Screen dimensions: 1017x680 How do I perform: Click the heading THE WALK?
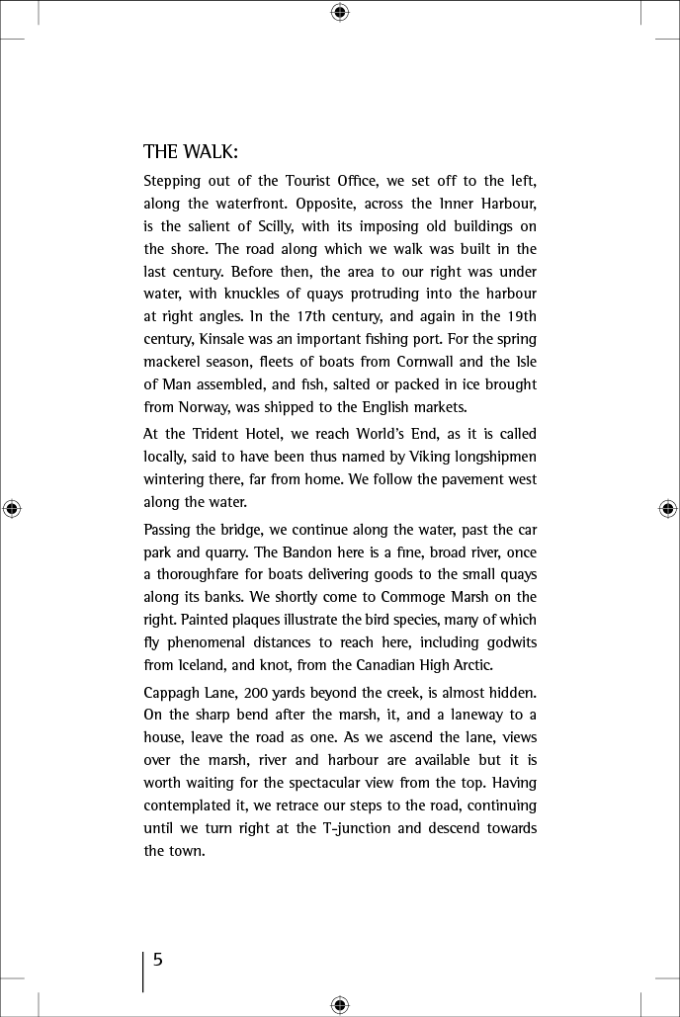tap(191, 152)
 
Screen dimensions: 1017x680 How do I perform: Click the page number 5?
tap(157, 960)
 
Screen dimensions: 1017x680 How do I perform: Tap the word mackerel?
tap(175, 362)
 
